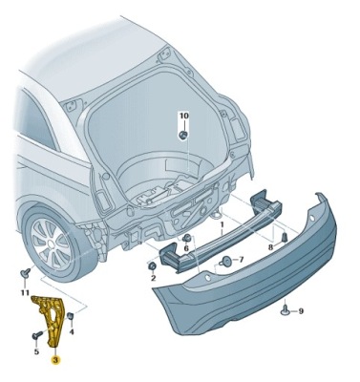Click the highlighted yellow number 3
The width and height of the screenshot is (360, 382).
[55, 361]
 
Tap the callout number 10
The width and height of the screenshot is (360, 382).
[184, 116]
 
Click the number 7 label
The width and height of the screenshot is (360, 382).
[242, 259]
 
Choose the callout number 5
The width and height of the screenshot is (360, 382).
[36, 352]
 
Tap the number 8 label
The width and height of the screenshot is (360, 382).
[270, 247]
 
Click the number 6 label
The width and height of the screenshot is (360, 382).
[187, 248]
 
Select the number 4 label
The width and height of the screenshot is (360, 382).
[71, 330]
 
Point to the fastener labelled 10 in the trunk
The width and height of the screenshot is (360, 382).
[182, 134]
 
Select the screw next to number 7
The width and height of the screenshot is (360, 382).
[225, 259]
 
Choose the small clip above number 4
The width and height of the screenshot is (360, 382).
[70, 316]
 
